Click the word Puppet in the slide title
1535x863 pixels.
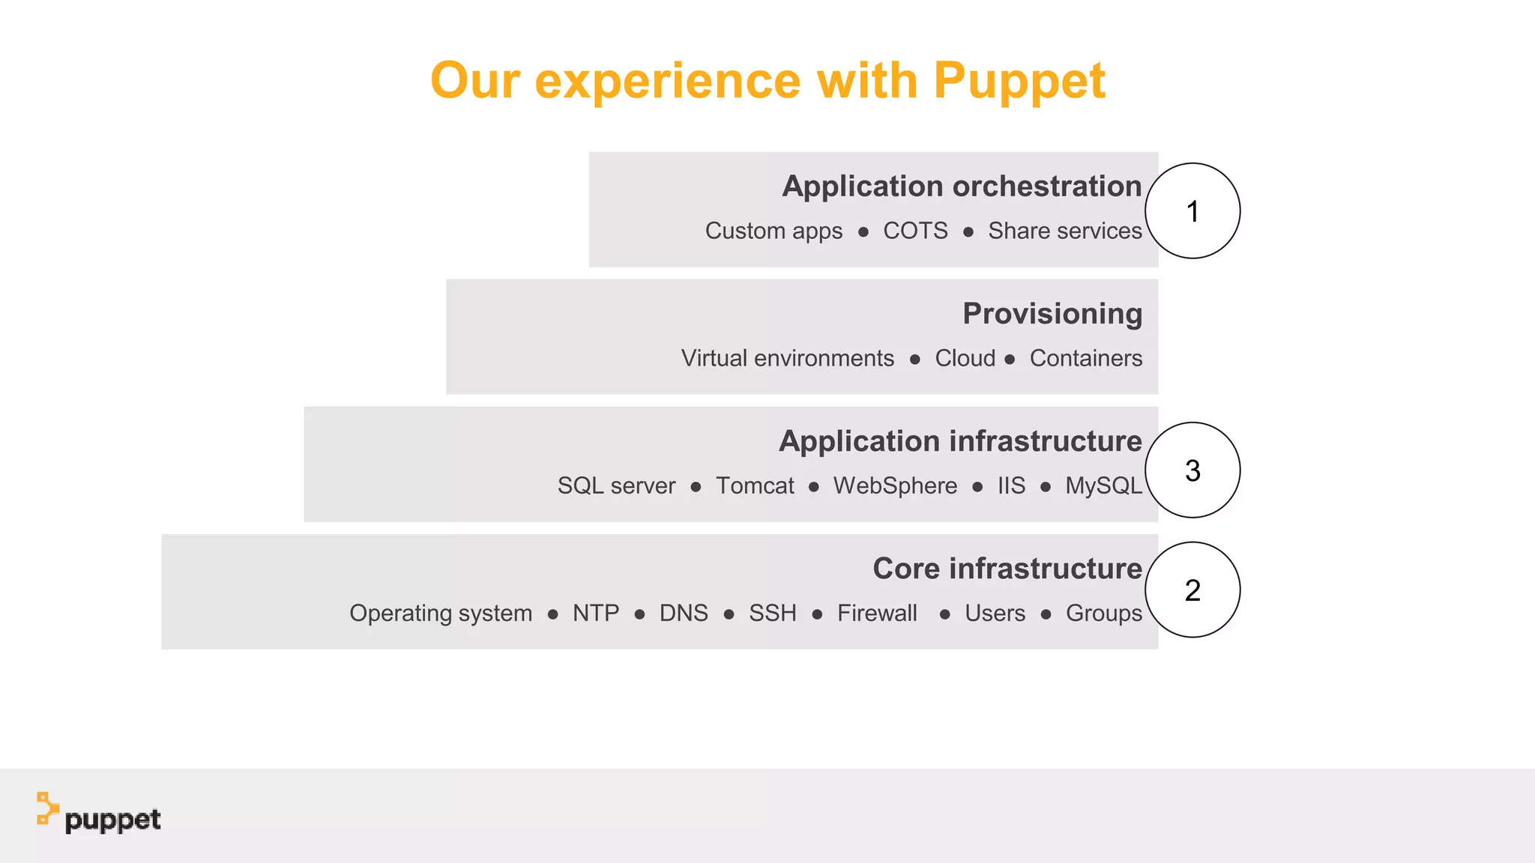pos(1019,81)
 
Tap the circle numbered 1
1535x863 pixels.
pos(1192,211)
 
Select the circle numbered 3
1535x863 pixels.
pos(1192,470)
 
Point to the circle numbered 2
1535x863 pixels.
pos(1192,590)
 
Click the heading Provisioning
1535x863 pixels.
pos(1052,314)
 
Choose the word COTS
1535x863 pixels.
pos(915,231)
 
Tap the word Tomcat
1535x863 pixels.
pos(755,485)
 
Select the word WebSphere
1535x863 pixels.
pos(895,485)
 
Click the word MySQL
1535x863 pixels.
pos(1103,485)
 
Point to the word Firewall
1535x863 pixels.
pos(877,613)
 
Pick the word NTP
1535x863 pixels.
pos(596,613)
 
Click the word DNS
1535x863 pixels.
pos(684,613)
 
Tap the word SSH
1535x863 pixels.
pos(773,613)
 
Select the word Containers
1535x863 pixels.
pos(1086,358)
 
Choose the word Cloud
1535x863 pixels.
pos(965,358)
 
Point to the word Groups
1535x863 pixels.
pos(1104,613)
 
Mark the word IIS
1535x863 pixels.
pos(1011,485)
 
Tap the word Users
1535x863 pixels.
pos(995,613)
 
